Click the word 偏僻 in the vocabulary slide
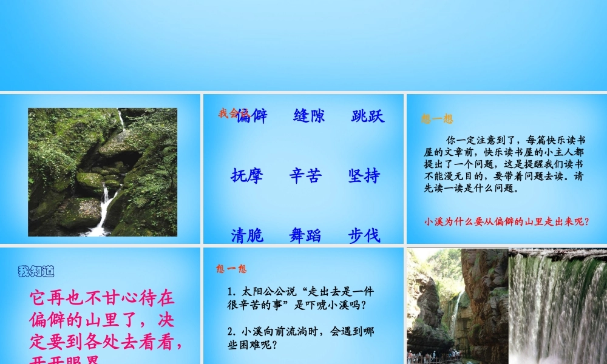click(253, 116)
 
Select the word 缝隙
click(309, 116)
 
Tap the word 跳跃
click(368, 116)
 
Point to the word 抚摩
click(247, 176)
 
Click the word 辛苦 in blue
click(305, 176)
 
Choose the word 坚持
click(364, 176)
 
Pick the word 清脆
click(247, 235)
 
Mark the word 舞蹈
click(305, 235)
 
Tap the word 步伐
click(364, 235)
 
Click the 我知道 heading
click(36, 271)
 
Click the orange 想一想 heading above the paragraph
click(437, 119)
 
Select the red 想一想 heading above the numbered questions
click(231, 269)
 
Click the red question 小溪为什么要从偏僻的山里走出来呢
click(507, 221)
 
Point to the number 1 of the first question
click(230, 292)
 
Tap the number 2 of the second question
click(230, 331)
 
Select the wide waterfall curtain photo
click(557, 306)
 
